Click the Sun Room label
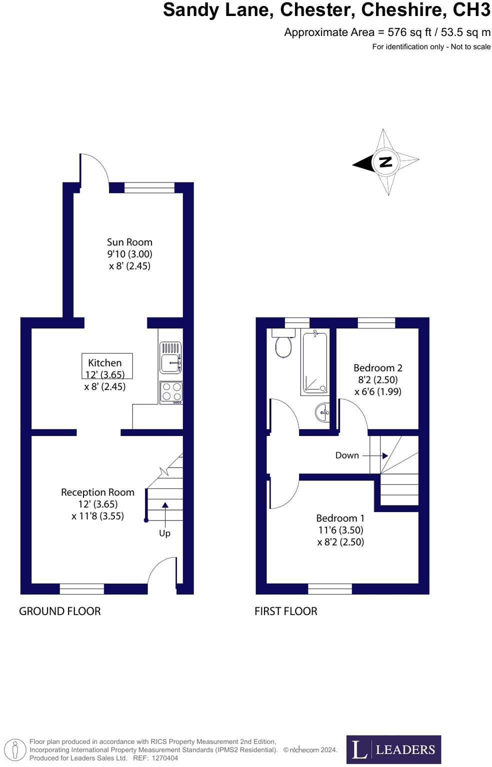tap(129, 242)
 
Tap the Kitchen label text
tap(105, 363)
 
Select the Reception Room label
tap(97, 492)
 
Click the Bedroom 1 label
tap(340, 518)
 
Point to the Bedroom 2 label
tap(377, 368)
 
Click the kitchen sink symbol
tap(170, 357)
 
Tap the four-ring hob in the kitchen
tap(171, 392)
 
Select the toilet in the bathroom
tap(283, 344)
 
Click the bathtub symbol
tap(315, 362)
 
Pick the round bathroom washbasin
tap(322, 412)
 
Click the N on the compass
tap(385, 162)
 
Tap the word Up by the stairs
tap(164, 533)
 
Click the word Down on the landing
tap(347, 455)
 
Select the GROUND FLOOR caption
tap(59, 611)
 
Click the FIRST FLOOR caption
tap(285, 611)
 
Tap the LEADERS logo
tap(393, 749)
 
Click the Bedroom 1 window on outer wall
tap(329, 589)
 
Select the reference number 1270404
tap(164, 758)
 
